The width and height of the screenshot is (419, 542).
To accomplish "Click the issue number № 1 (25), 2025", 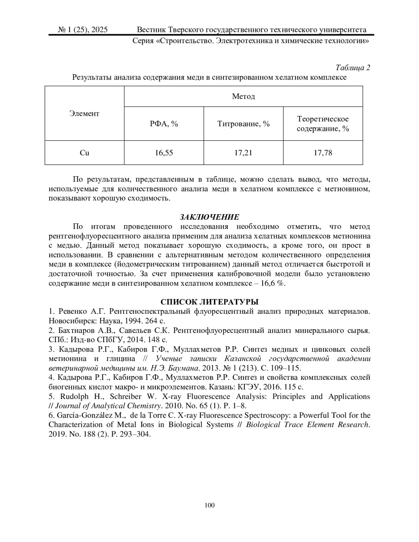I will [83, 30].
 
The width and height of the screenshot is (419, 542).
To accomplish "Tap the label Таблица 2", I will [353, 68].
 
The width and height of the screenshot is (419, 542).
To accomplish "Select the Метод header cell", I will [243, 96].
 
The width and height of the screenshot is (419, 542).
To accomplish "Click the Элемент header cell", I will [84, 113].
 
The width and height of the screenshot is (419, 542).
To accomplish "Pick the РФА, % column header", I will [164, 124].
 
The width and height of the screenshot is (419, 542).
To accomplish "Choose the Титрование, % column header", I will [243, 124].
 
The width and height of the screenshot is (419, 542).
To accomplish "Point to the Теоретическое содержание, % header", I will [323, 124].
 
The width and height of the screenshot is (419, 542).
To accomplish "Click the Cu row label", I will [84, 153].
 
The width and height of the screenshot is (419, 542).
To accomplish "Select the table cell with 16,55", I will [164, 153].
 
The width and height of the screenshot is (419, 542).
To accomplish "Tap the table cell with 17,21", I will [243, 153].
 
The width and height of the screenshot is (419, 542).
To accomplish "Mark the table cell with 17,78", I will [323, 153].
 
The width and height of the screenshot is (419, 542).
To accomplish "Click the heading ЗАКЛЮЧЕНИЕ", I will [209, 217].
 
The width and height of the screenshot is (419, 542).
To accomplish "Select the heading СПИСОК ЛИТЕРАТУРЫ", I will [209, 302].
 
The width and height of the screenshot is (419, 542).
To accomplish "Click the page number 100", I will [209, 505].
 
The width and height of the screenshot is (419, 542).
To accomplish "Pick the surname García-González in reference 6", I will [87, 415].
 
